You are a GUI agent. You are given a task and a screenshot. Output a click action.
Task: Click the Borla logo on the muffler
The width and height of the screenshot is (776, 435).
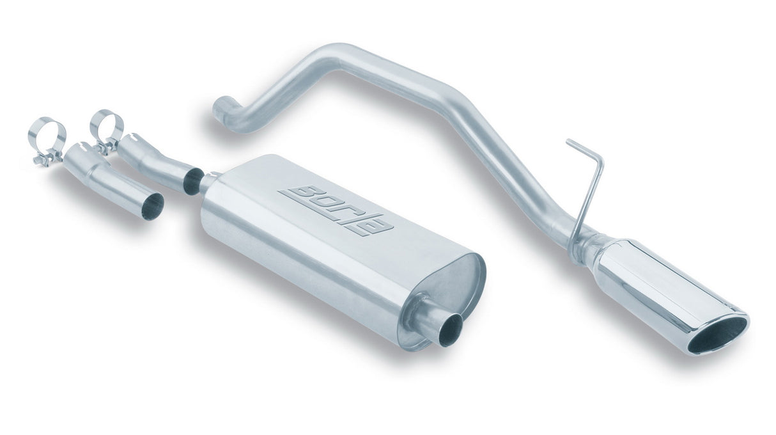click(336, 210)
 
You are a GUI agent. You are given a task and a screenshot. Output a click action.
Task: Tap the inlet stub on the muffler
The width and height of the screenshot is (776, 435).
click(208, 182)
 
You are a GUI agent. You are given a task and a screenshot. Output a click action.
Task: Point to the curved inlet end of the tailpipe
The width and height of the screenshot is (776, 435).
click(224, 109)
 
